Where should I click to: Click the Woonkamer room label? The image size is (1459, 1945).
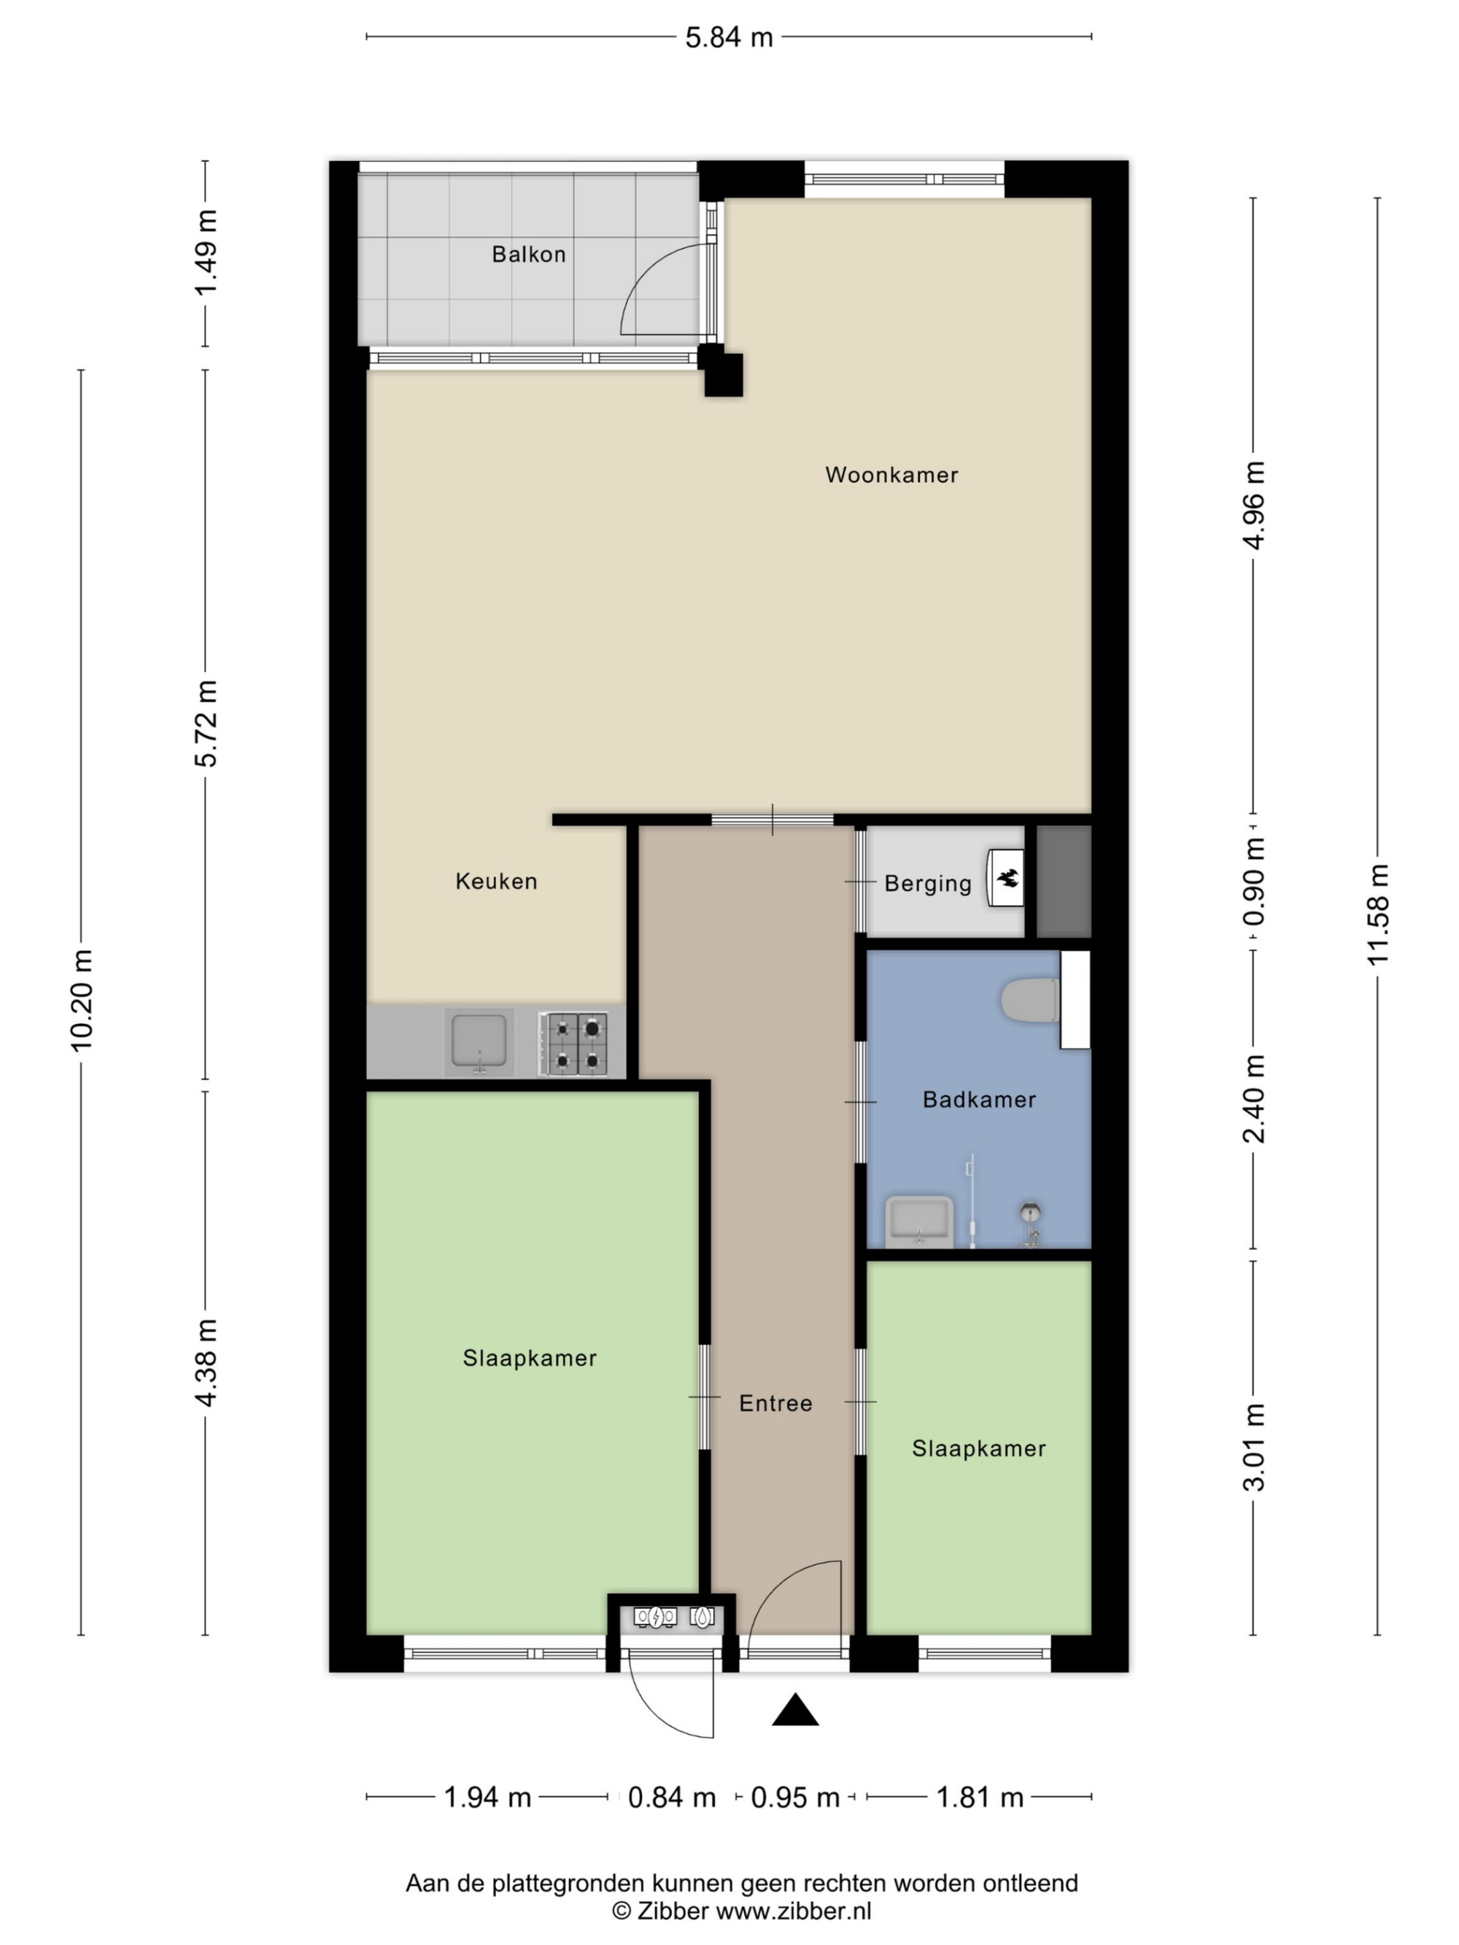pos(891,475)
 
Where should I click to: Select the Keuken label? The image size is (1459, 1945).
pos(496,881)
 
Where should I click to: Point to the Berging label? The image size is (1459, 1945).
pos(927,884)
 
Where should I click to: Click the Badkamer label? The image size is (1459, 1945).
pos(979,1099)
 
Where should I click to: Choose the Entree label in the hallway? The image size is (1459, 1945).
pos(775,1402)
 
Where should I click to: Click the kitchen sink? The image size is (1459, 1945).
pos(479,1042)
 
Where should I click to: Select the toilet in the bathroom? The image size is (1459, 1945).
pos(1030,1001)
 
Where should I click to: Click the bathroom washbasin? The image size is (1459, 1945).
pos(919,1221)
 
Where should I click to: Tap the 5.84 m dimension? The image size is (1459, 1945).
pos(729,38)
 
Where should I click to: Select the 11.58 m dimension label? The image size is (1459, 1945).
pos(1377,915)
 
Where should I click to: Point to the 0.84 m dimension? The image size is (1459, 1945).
pos(672,1797)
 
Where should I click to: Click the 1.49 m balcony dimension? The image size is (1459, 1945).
pos(206,253)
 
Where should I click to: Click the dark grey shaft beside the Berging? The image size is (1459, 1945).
pos(1064,881)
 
